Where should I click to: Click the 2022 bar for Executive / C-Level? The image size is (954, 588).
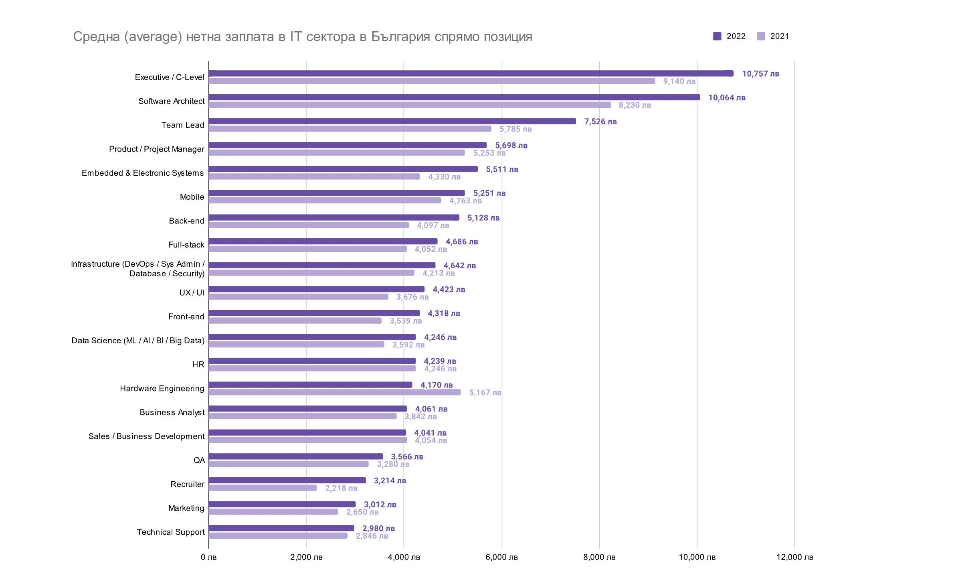[471, 73]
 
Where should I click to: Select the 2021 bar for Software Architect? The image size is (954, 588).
[410, 105]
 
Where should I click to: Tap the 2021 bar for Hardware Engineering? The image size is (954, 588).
[335, 392]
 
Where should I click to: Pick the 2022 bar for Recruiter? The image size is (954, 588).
[287, 480]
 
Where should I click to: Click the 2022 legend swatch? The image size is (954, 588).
[717, 36]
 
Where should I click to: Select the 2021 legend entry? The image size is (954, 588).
[773, 36]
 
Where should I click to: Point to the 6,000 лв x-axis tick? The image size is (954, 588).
[501, 557]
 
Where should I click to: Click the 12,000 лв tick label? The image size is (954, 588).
[794, 557]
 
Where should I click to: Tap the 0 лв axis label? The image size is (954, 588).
[208, 557]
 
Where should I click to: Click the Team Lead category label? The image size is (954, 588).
[183, 125]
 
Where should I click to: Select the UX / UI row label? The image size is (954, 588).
[192, 293]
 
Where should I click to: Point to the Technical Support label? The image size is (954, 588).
[171, 532]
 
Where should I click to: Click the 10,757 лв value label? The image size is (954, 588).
[760, 74]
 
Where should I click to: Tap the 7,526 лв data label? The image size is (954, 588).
[600, 122]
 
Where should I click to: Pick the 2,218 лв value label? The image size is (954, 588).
[341, 488]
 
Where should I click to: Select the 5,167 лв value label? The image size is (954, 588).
[485, 393]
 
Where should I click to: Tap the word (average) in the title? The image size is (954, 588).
[153, 36]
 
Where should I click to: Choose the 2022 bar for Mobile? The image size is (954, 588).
[337, 193]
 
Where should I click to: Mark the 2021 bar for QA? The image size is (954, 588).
[289, 464]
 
